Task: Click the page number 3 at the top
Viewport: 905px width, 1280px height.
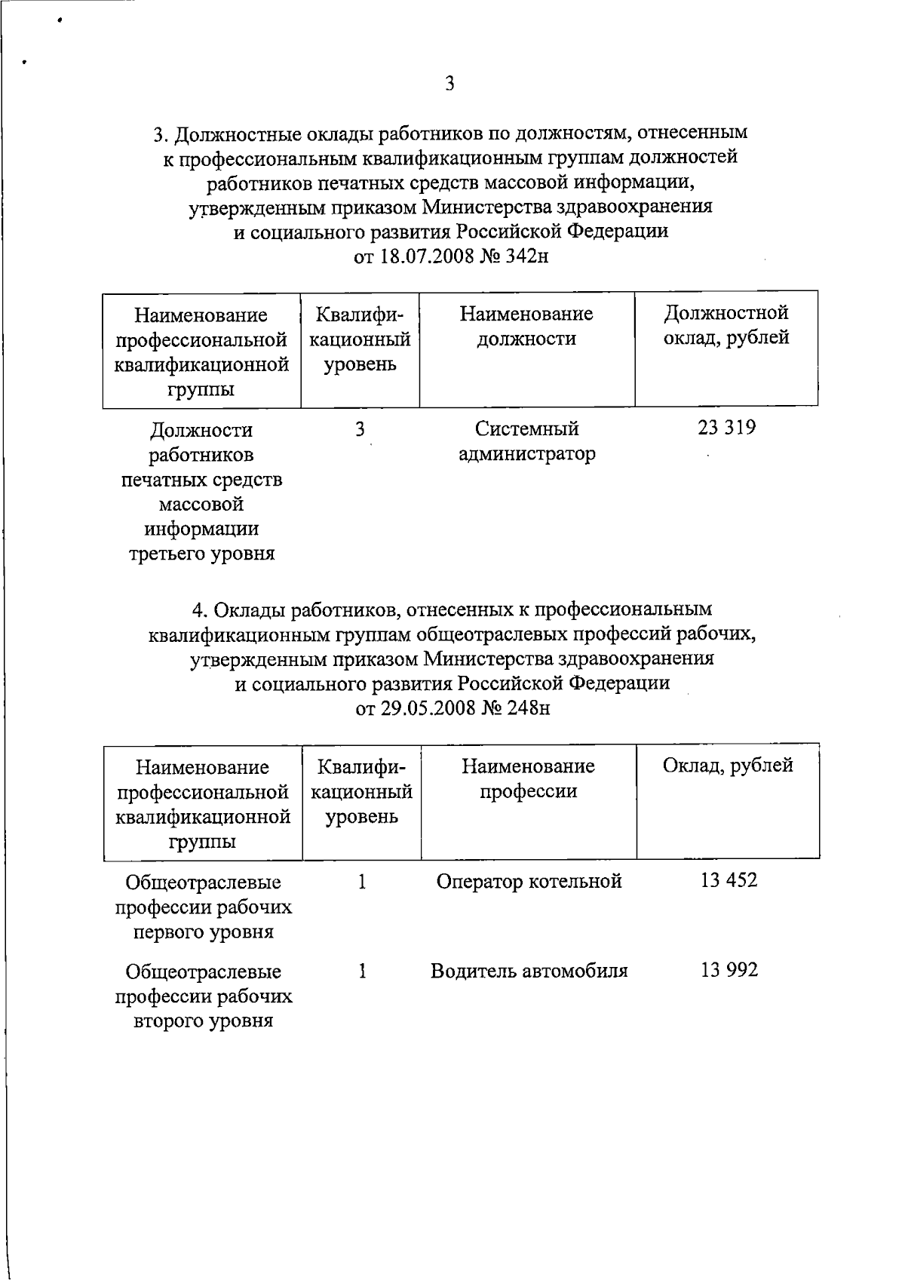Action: point(449,84)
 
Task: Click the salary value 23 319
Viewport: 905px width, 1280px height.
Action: point(727,428)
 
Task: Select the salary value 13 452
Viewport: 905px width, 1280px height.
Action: point(729,880)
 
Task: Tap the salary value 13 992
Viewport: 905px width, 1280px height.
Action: point(729,970)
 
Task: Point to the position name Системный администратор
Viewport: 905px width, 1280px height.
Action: point(527,441)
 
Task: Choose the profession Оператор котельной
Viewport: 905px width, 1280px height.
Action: point(529,881)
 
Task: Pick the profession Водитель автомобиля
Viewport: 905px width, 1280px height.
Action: point(529,971)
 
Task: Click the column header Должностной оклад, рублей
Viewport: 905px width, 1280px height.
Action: point(726,325)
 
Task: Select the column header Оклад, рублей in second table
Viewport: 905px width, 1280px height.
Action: point(728,766)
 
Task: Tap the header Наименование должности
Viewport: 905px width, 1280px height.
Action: point(526,326)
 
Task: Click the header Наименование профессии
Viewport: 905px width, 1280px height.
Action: point(528,778)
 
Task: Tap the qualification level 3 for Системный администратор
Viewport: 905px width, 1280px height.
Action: point(360,429)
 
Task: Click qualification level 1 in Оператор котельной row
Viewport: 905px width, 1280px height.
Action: point(362,881)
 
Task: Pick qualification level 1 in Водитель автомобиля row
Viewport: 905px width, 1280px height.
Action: point(362,971)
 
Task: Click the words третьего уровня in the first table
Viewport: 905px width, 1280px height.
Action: point(202,554)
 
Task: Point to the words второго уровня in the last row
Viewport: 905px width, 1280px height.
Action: point(203,1022)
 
